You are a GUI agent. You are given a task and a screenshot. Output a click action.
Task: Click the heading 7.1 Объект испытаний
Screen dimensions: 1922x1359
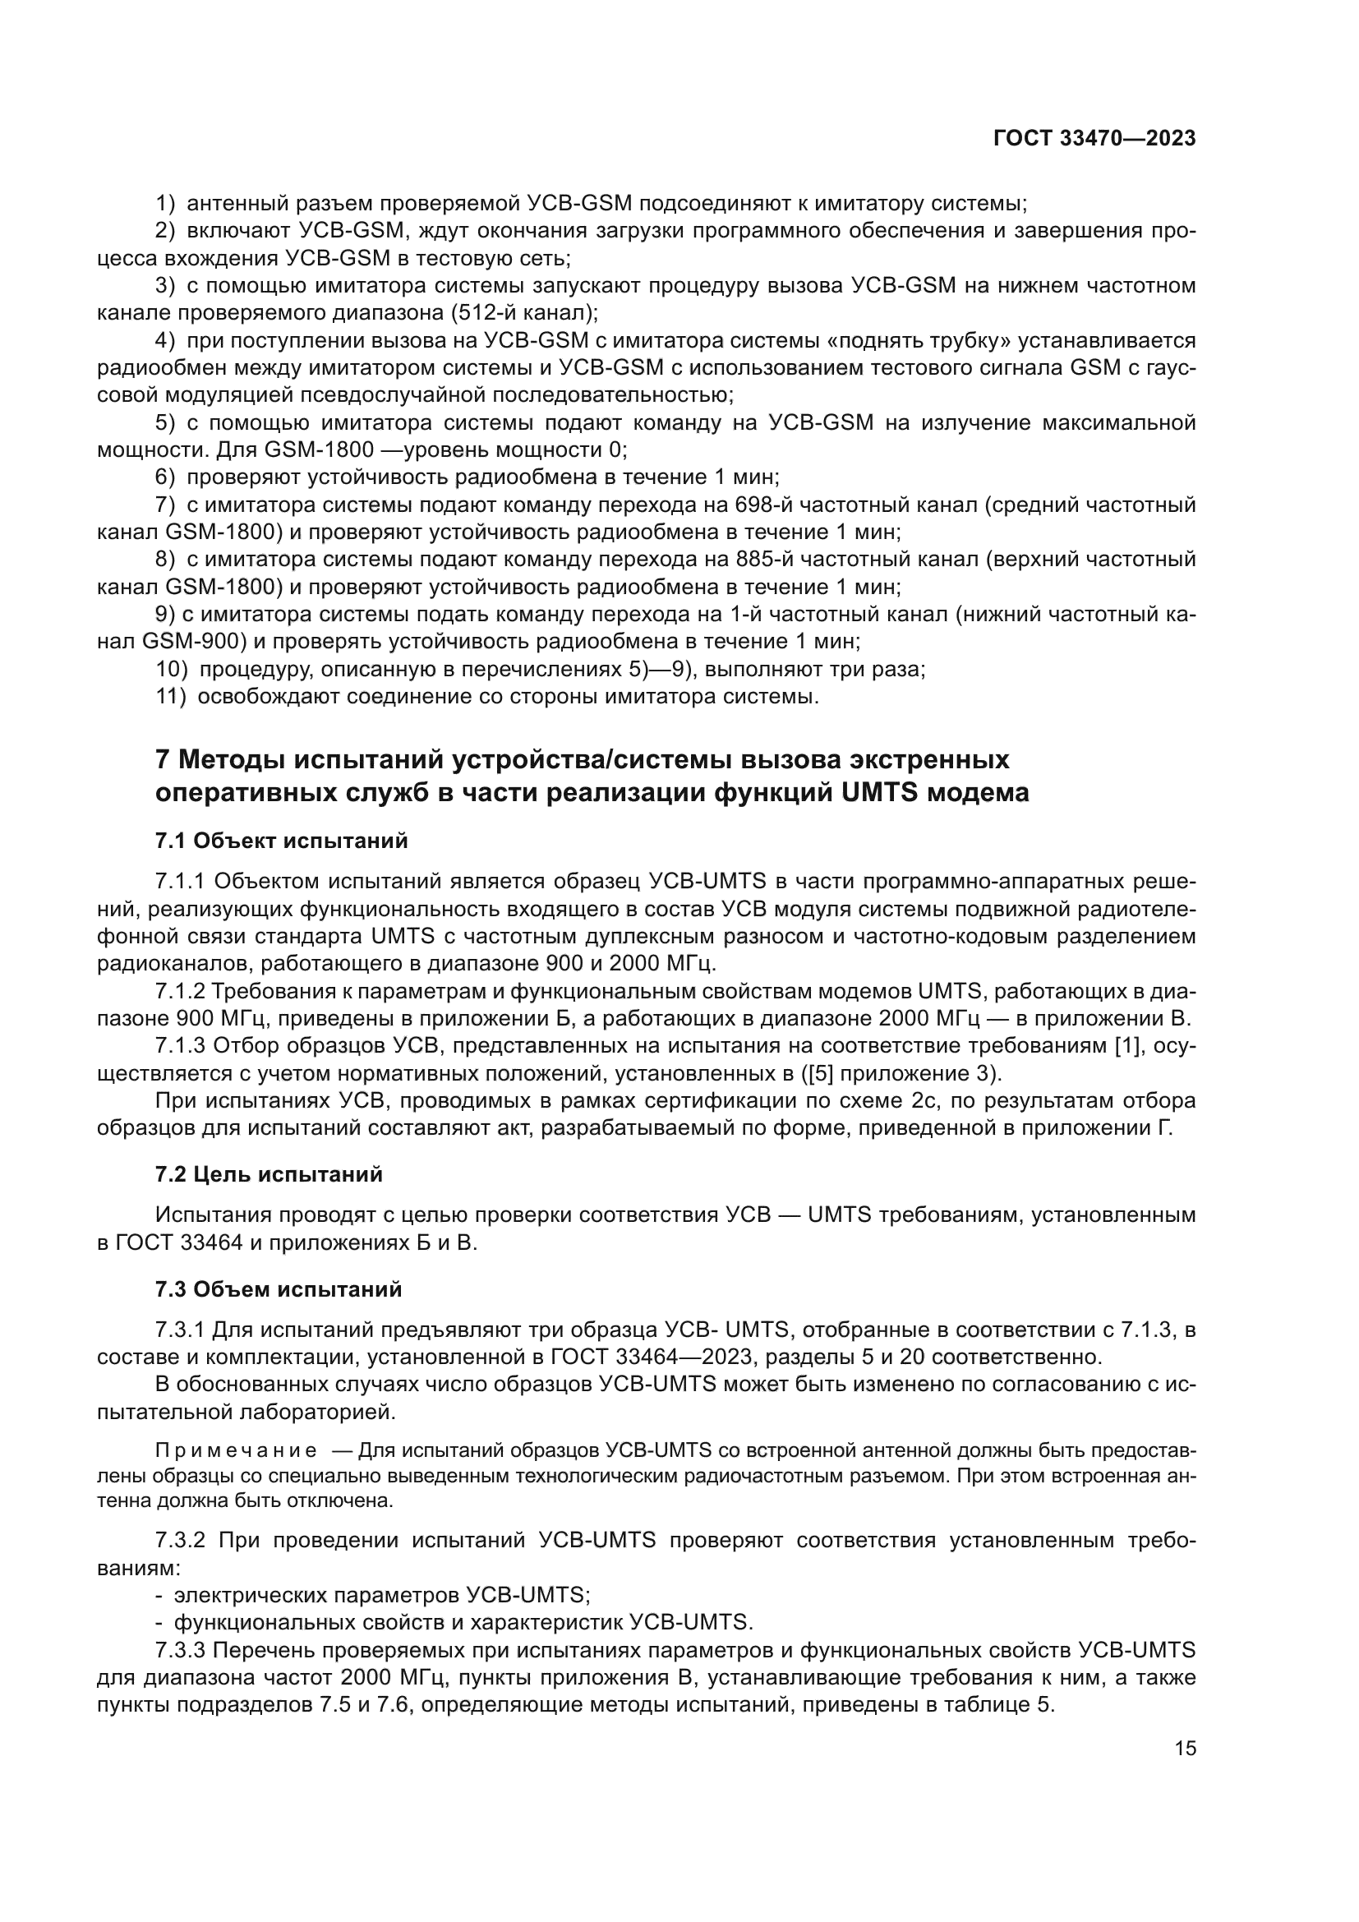282,841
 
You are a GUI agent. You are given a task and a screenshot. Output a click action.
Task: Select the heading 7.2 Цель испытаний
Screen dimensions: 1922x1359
269,1174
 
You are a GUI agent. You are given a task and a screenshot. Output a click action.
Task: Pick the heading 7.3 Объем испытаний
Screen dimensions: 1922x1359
279,1289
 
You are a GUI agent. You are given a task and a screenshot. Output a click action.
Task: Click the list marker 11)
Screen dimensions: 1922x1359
171,696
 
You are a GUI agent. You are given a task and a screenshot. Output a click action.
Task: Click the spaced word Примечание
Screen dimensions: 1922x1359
236,1450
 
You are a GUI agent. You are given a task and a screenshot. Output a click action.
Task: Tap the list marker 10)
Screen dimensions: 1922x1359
171,669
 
